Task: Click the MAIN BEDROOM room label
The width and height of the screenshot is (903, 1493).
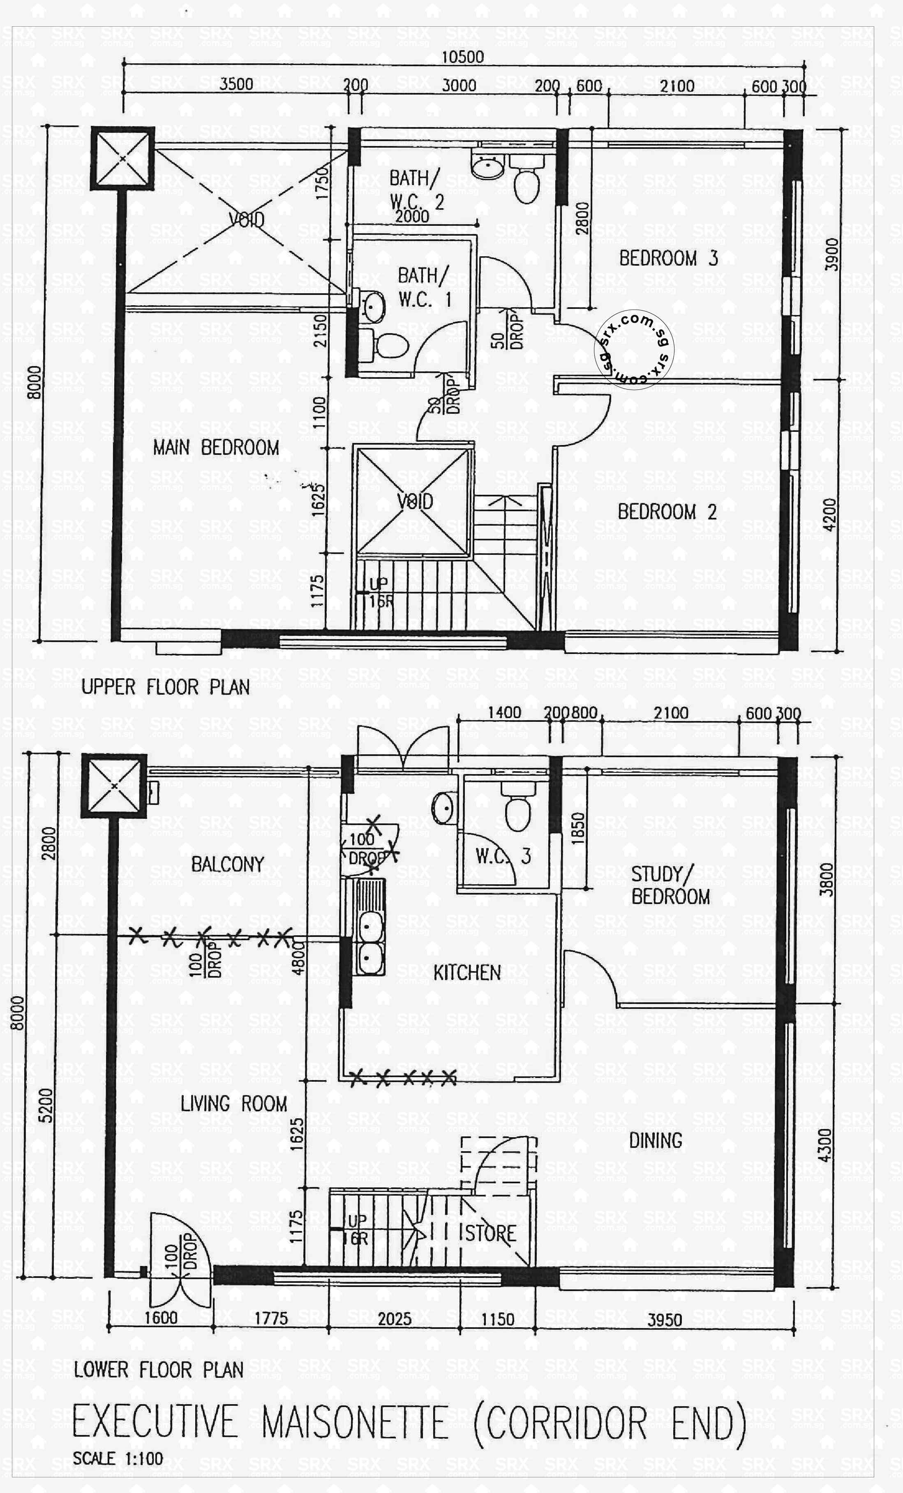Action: click(216, 448)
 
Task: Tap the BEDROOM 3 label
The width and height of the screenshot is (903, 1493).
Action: click(668, 258)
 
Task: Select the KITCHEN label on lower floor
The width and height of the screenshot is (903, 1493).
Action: click(467, 973)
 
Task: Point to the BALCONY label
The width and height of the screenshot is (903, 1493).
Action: click(227, 864)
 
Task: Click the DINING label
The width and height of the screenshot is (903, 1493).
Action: click(655, 1141)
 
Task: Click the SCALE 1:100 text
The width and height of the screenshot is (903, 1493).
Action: click(118, 1458)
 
